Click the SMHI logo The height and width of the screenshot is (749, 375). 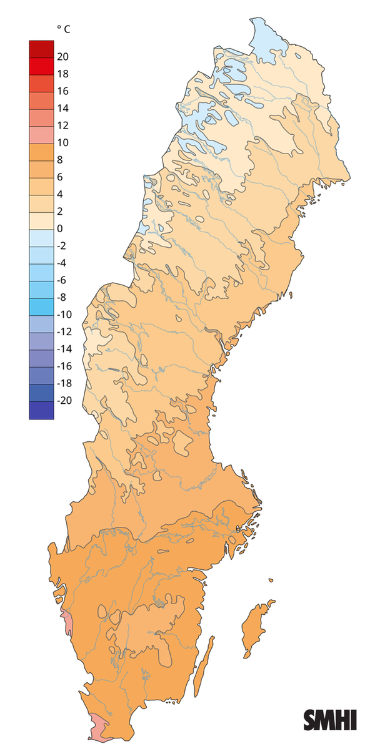pos(330,720)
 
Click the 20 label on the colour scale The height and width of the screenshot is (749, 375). pos(62,57)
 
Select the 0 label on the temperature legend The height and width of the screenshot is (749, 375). pos(59,228)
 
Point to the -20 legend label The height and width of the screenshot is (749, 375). pos(64,401)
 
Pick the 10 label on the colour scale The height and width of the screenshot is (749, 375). pos(62,143)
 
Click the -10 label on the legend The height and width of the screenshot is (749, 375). pos(64,315)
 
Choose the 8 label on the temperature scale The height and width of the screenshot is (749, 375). pos(59,160)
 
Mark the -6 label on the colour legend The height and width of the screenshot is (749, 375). pos(62,280)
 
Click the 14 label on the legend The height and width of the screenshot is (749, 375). pos(62,109)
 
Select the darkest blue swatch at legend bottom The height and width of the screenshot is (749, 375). pos(41,409)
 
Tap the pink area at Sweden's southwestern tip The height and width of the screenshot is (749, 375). pos(99,727)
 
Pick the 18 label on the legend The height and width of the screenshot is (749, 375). pos(62,74)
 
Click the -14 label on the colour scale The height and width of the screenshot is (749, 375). pos(64,349)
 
